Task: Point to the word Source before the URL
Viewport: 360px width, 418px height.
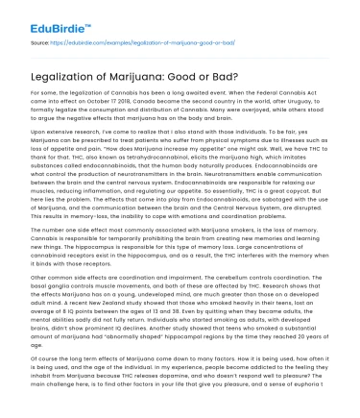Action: tap(40, 44)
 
